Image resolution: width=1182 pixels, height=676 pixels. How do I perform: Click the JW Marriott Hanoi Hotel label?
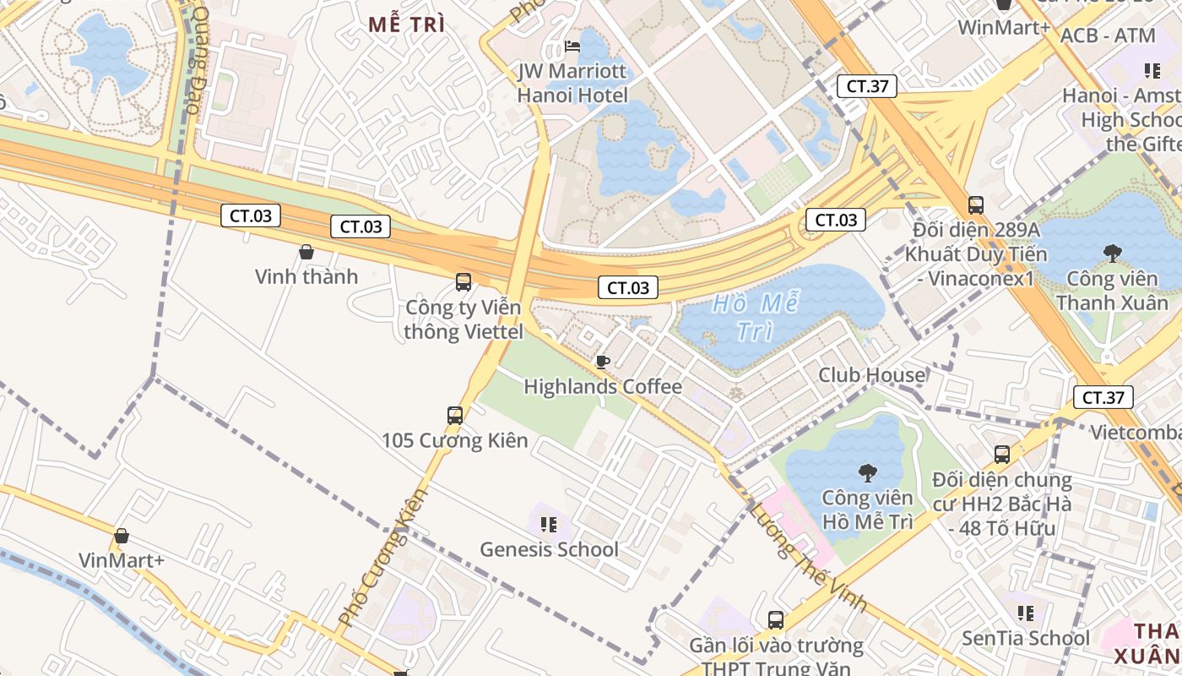coord(572,83)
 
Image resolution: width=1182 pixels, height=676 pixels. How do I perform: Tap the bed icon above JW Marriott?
coord(572,46)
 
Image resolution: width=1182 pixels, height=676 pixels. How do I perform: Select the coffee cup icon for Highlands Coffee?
coord(603,362)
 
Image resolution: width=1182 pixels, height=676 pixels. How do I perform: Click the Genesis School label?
coord(549,549)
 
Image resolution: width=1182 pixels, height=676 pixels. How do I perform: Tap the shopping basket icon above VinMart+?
coord(122,536)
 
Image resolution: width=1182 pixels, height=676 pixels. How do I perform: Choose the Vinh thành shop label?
coord(306,276)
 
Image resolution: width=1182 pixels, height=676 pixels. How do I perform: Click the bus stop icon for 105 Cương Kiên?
coord(455,415)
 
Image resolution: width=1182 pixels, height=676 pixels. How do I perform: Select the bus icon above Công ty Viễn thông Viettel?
coord(464,282)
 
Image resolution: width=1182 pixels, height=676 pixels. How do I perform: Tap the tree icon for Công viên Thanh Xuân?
coord(1112,252)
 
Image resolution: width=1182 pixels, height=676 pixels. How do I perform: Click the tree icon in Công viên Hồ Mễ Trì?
coord(867,472)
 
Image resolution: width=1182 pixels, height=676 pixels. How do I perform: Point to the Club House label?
coord(871,374)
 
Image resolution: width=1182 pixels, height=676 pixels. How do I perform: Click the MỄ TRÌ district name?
coord(406,25)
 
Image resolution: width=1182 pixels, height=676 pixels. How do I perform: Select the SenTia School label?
coord(1026,638)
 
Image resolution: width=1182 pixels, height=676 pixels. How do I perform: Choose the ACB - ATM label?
coord(1107,35)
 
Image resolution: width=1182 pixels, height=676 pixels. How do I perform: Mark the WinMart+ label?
coord(1003,27)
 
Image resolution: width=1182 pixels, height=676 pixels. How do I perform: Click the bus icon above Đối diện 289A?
coord(976,204)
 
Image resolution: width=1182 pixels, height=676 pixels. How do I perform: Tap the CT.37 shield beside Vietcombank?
coord(1103,397)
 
